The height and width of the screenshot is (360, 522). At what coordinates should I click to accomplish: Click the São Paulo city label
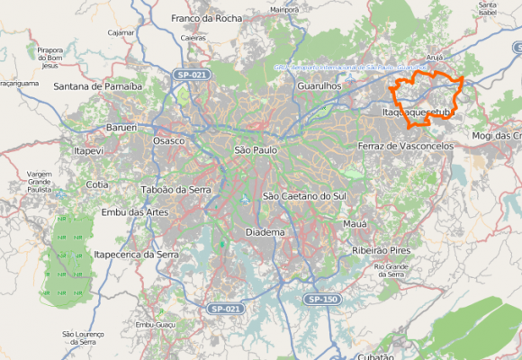(x=256, y=149)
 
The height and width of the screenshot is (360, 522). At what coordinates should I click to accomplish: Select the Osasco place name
(x=168, y=141)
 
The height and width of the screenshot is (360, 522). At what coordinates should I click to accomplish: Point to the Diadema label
(x=265, y=232)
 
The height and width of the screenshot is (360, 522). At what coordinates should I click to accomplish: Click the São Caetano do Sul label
(x=304, y=195)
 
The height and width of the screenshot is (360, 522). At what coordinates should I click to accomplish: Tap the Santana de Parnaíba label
(x=98, y=87)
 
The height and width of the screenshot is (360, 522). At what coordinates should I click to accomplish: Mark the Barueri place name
(x=121, y=129)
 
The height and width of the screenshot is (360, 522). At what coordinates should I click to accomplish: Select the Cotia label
(x=97, y=184)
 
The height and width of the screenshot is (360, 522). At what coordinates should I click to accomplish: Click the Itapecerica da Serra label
(x=137, y=255)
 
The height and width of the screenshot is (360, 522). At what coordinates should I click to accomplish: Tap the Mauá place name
(x=355, y=223)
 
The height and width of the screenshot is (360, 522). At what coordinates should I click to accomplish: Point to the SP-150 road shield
(x=321, y=299)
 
